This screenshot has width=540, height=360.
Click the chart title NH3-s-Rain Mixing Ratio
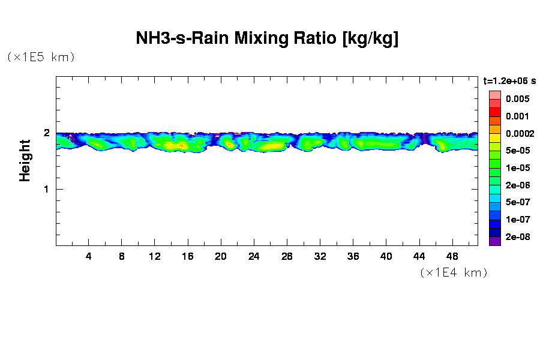point(267,39)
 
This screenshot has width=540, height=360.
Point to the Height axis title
point(25,160)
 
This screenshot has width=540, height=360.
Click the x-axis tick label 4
point(89,256)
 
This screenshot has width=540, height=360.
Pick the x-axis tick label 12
point(155,256)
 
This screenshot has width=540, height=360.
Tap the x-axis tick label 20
point(221,256)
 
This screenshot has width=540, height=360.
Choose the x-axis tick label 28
point(287,256)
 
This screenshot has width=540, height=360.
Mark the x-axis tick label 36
point(353,256)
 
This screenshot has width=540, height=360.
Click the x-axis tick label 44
point(419,256)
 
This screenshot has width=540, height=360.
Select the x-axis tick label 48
point(452,256)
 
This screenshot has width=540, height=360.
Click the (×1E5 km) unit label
point(41,57)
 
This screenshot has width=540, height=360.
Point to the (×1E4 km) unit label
point(454,272)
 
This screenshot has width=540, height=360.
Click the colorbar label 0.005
point(517,99)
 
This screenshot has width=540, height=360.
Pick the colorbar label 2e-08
point(517,237)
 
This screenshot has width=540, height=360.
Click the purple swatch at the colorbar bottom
point(494,241)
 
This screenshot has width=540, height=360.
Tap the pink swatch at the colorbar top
point(494,95)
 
